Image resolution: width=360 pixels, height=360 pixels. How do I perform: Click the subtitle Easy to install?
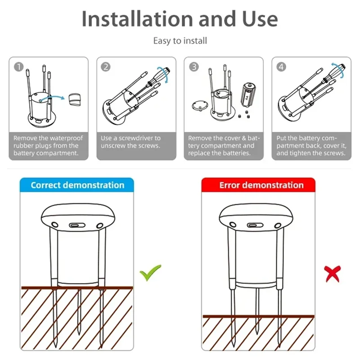[180, 41]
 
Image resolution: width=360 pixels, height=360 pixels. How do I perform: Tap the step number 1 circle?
[18, 67]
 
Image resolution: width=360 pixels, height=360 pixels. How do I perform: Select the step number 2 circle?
[106, 67]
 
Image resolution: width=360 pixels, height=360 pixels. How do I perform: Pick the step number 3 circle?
[193, 67]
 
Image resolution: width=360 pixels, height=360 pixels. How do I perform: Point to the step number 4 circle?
[281, 67]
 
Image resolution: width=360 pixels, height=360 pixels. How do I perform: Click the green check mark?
[150, 272]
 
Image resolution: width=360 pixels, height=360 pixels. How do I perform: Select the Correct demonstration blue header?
[77, 185]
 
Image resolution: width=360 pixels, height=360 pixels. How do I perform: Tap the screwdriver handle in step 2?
[162, 73]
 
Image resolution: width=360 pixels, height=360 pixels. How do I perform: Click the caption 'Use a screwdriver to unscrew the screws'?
[130, 142]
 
